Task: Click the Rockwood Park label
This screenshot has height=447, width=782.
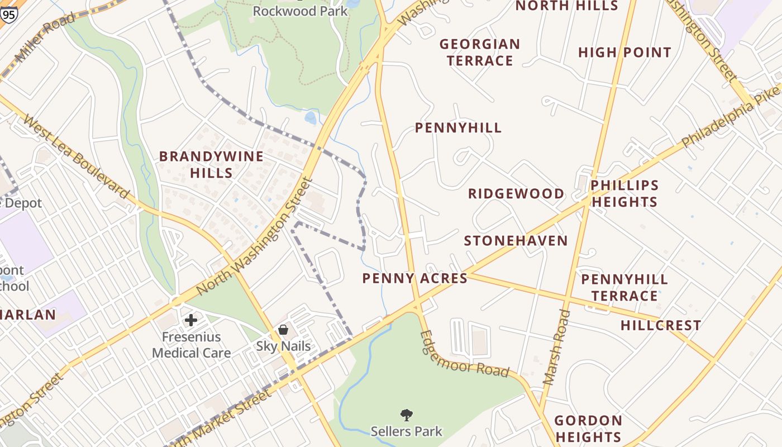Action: (x=300, y=11)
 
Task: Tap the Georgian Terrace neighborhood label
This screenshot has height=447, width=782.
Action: (x=480, y=52)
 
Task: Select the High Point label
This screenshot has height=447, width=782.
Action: (x=624, y=53)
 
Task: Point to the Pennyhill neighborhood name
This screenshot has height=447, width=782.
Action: (x=458, y=128)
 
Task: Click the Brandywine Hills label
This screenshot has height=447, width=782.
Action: (x=211, y=164)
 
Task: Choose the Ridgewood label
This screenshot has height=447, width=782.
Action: (x=516, y=194)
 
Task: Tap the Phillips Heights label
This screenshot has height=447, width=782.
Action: (x=624, y=193)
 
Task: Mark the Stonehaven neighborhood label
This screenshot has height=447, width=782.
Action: (x=516, y=241)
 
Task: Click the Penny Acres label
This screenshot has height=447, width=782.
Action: (x=414, y=278)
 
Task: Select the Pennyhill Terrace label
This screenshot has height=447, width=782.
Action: (x=624, y=287)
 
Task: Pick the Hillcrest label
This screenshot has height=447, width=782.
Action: (x=660, y=325)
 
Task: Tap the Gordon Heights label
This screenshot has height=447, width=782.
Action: (x=588, y=429)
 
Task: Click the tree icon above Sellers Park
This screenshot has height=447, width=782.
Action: (x=407, y=415)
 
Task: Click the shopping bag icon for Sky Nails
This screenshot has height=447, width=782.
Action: (x=283, y=330)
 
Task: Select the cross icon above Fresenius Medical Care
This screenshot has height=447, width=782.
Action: (x=191, y=320)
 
